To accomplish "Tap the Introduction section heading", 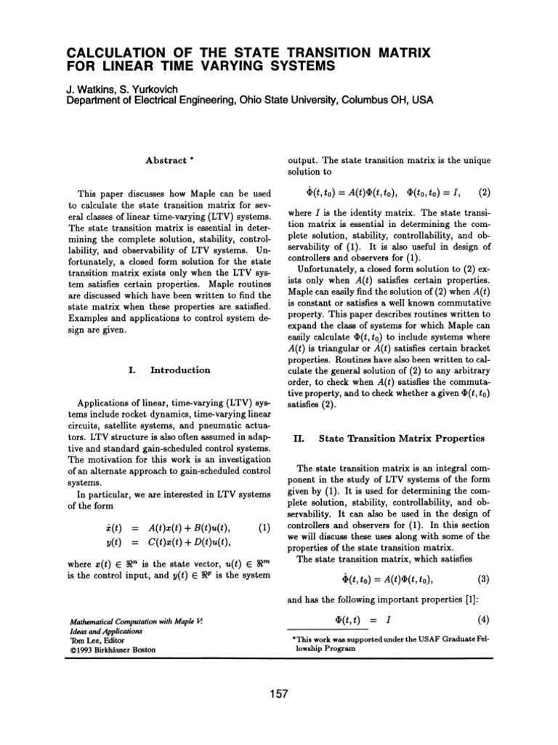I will (180, 370).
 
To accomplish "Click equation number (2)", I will (485, 194).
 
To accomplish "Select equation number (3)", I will (485, 580).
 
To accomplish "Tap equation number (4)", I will (485, 621).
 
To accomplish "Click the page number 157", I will (279, 694).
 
